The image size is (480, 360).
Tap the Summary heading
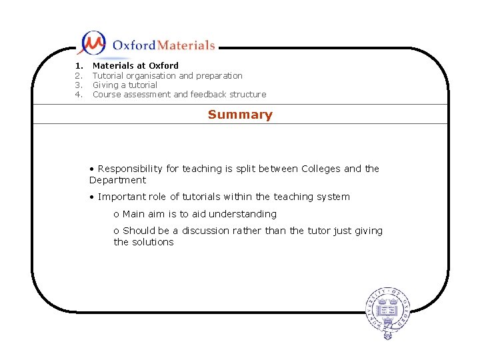(x=240, y=115)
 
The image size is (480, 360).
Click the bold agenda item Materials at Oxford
(x=135, y=66)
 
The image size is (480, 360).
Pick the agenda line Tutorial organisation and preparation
(x=167, y=75)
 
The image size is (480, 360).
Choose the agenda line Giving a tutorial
(x=125, y=85)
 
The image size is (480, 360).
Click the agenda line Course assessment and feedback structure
(x=179, y=95)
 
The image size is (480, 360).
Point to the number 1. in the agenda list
(x=79, y=66)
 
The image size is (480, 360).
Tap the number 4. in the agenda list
(x=79, y=95)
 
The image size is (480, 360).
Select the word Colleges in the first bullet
(x=321, y=169)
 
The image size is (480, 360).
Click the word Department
(x=117, y=180)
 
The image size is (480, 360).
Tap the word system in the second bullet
(x=333, y=197)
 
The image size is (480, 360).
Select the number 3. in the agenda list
(x=79, y=85)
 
